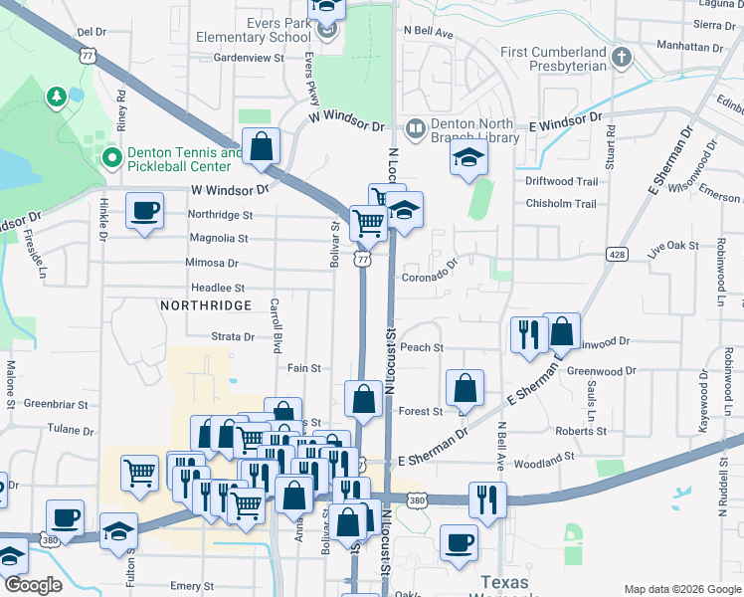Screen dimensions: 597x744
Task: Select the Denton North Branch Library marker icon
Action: [x=415, y=128]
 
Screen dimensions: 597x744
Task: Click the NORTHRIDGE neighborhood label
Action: [x=204, y=307]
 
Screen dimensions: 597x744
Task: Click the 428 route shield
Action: [x=618, y=256]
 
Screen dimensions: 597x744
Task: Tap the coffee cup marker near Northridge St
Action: [x=145, y=211]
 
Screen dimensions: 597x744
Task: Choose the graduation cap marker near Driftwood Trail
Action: [x=468, y=158]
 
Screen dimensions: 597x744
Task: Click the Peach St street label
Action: [x=422, y=347]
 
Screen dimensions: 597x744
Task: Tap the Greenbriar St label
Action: [x=51, y=404]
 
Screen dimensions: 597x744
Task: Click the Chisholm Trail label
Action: [x=561, y=204]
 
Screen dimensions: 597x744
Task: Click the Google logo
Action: [x=32, y=585]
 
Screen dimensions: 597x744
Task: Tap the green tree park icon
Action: [x=57, y=97]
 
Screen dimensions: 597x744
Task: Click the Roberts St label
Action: [x=575, y=431]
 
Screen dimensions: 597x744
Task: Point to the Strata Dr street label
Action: [x=233, y=337]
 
